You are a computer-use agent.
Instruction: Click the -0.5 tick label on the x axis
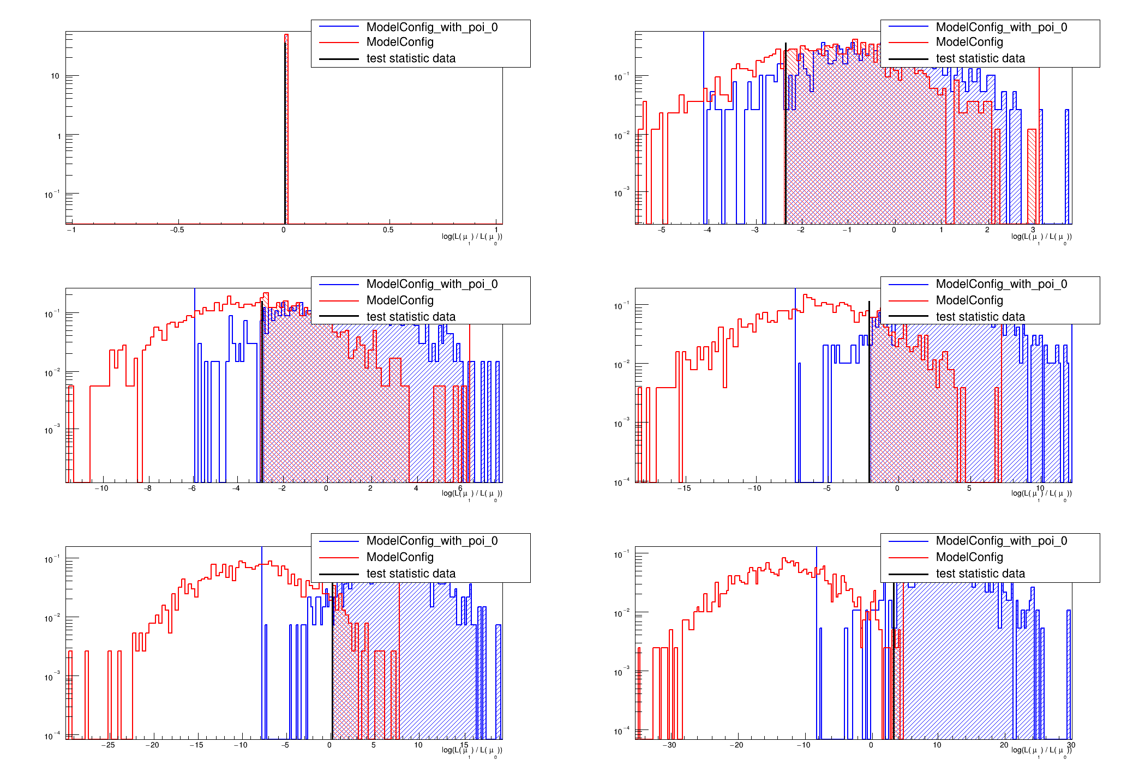pos(177,230)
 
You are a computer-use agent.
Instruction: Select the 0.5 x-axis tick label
pos(388,230)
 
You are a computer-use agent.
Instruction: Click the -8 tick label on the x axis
pos(148,488)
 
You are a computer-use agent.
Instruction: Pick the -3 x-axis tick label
pos(754,230)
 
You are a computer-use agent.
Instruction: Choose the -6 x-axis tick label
pos(192,488)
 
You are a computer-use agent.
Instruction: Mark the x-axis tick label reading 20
pos(1004,745)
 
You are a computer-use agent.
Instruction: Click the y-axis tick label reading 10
pos(55,76)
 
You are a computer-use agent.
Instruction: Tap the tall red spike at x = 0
pos(286,109)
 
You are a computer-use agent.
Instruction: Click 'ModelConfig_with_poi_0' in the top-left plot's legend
pos(432,27)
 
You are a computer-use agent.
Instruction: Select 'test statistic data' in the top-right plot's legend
pos(980,58)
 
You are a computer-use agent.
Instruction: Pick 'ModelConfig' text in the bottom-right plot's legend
pos(969,557)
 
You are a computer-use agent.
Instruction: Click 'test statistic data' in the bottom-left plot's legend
pos(411,574)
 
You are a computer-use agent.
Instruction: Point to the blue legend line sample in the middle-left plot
pos(339,284)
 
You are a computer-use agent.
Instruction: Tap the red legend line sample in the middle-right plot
pos(908,300)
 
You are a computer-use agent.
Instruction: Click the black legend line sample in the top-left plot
pos(339,58)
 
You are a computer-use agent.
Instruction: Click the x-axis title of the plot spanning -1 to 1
pos(472,237)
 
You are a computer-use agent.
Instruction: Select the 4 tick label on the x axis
pos(416,488)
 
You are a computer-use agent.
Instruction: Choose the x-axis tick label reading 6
pos(460,488)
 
